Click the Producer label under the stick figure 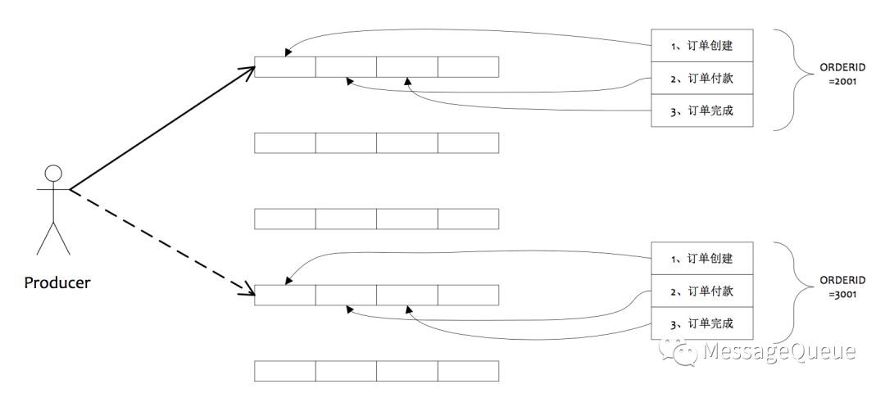(57, 283)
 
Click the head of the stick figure (53, 174)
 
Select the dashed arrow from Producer (161, 242)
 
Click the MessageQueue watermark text (778, 352)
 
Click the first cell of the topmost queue (284, 66)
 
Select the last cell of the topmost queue (468, 66)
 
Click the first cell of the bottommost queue (284, 371)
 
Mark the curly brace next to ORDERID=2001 (791, 78)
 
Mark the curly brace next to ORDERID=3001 (791, 291)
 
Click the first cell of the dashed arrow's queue (284, 295)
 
